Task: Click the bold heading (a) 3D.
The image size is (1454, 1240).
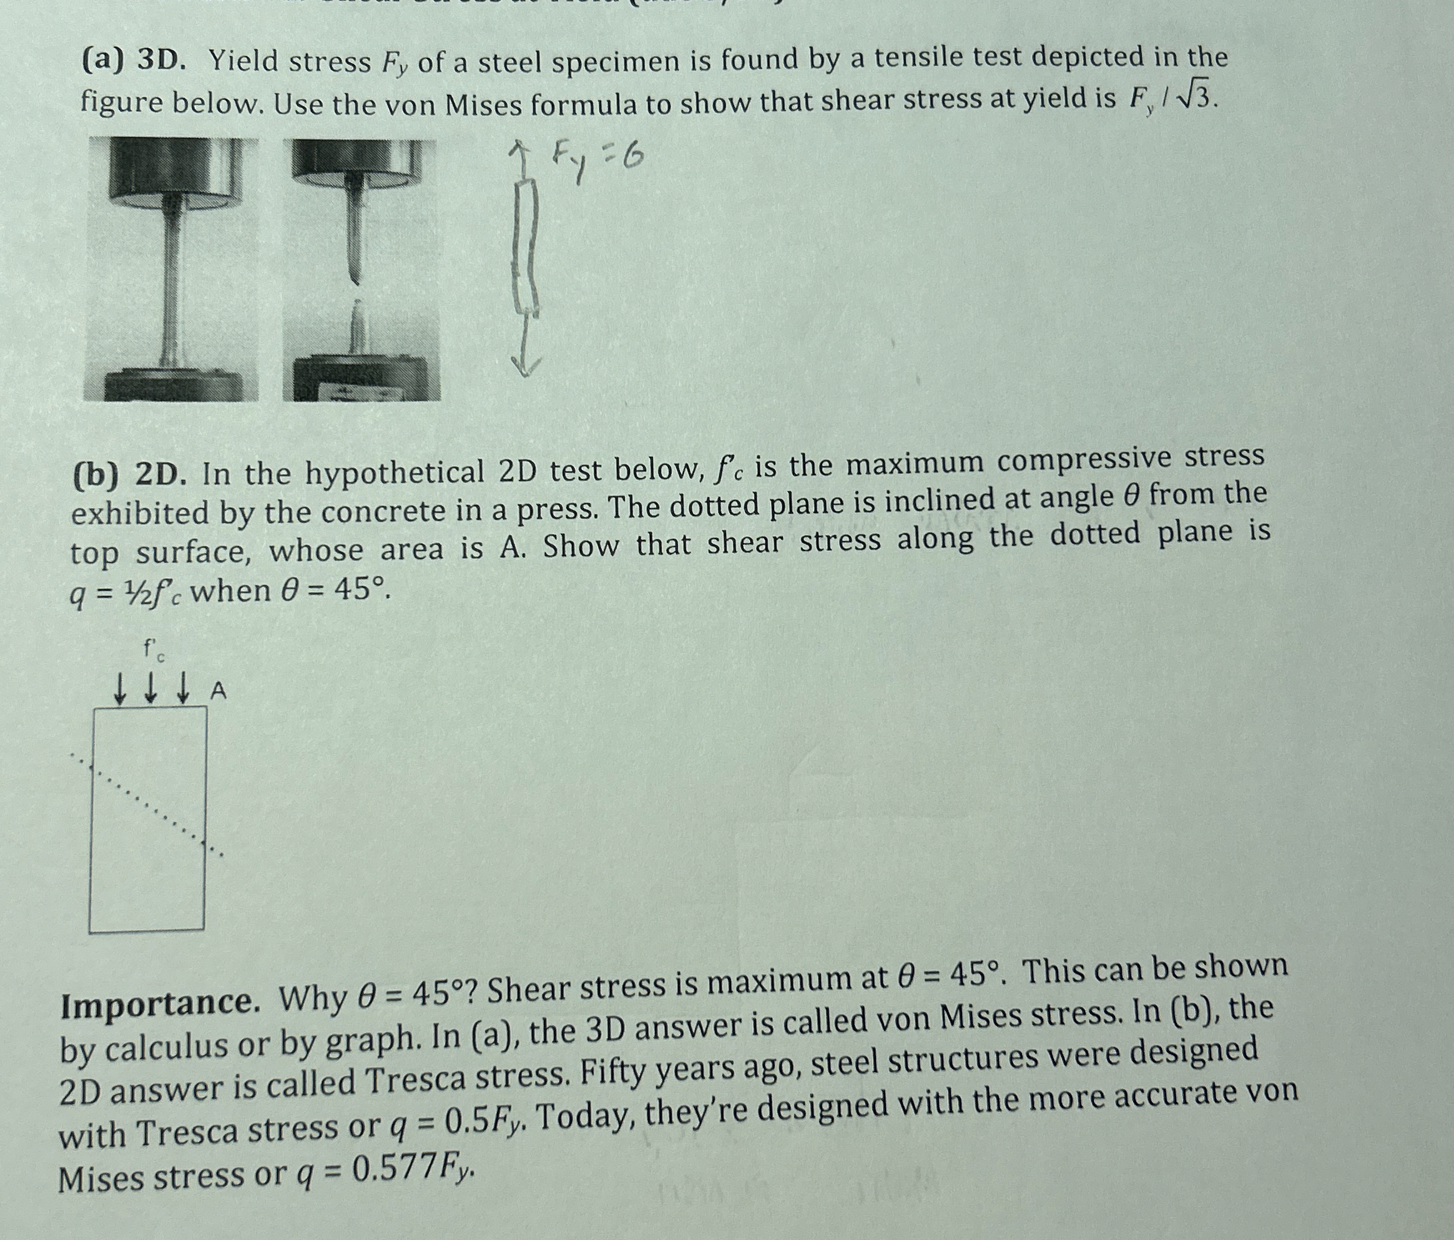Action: pyautogui.click(x=134, y=62)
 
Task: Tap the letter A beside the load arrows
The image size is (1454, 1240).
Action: pyautogui.click(x=219, y=692)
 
